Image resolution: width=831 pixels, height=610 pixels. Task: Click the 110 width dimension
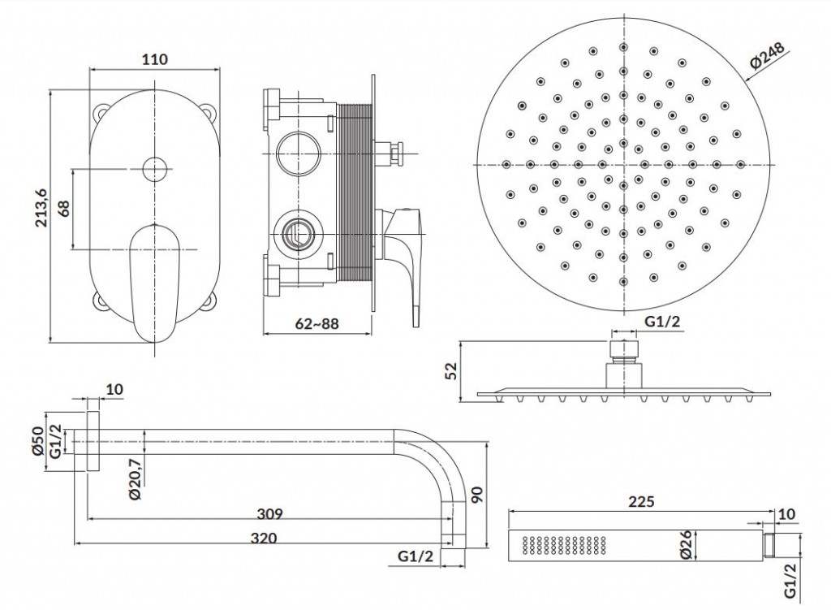tap(154, 59)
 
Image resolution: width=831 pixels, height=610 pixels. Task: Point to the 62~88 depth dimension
tap(316, 323)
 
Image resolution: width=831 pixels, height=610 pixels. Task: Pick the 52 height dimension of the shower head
tap(453, 370)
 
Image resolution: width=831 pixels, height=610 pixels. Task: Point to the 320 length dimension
tap(264, 537)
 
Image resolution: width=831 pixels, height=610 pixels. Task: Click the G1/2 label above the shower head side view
tap(661, 322)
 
